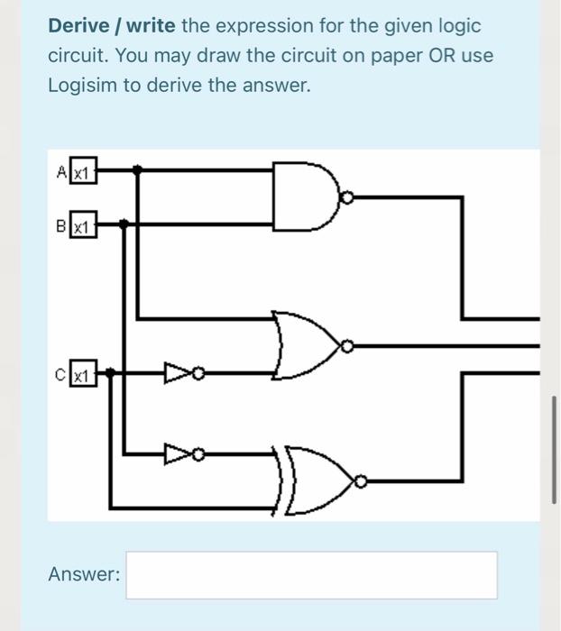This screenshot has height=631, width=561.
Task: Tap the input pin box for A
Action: click(83, 171)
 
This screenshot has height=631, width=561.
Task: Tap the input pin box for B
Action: click(83, 226)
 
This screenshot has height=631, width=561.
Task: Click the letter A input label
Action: click(60, 171)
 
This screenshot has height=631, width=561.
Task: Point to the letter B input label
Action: click(60, 226)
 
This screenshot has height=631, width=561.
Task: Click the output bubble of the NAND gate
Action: click(346, 196)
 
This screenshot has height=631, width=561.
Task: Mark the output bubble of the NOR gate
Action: click(345, 345)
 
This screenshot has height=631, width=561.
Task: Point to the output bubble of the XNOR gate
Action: click(361, 484)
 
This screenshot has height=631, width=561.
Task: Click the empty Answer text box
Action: click(311, 575)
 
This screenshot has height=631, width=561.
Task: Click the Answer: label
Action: click(84, 574)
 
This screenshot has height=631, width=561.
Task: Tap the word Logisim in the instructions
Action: click(82, 86)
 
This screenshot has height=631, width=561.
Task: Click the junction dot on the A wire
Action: click(136, 169)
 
